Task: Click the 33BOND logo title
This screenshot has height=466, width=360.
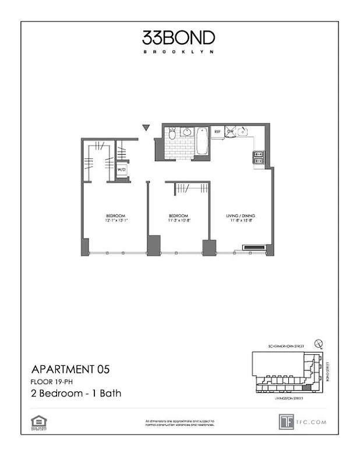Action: click(x=178, y=38)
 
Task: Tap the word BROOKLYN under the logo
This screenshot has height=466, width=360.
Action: click(x=178, y=52)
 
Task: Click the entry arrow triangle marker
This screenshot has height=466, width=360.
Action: click(x=146, y=128)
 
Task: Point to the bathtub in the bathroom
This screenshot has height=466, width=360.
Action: click(x=202, y=142)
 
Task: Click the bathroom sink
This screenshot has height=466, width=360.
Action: click(x=188, y=132)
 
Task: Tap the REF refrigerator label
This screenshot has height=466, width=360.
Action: click(x=217, y=132)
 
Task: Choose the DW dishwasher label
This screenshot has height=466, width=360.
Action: click(x=230, y=132)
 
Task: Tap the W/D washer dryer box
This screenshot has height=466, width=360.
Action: click(x=122, y=170)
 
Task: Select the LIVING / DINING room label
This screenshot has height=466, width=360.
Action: click(x=240, y=216)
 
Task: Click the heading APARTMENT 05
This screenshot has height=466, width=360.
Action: click(x=69, y=369)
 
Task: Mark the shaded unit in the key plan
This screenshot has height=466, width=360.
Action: click(x=306, y=389)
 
